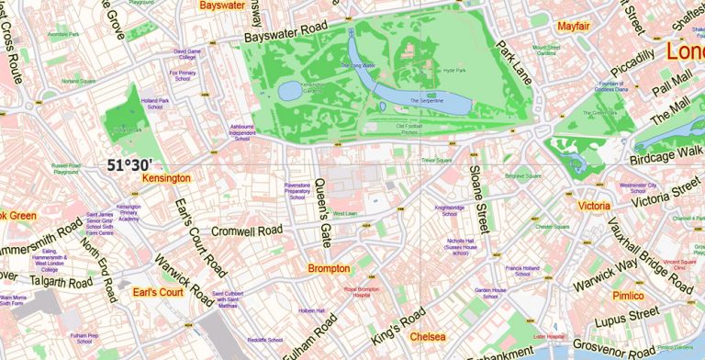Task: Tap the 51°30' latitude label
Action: [129, 165]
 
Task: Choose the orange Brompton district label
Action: [329, 269]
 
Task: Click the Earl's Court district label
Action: [159, 293]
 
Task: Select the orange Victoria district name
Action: [593, 206]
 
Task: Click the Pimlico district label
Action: [628, 296]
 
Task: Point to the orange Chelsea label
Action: [428, 336]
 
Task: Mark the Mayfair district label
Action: [573, 26]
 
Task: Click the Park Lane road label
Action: [514, 62]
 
